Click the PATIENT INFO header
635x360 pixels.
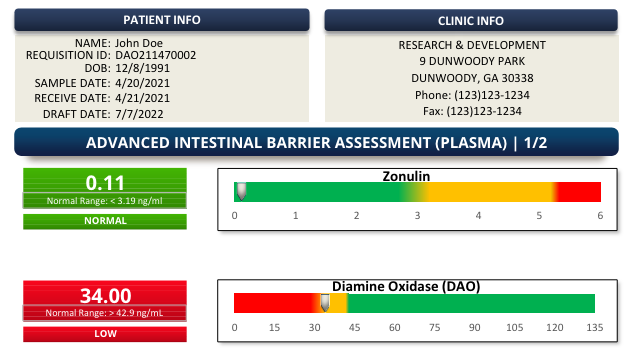(x=161, y=20)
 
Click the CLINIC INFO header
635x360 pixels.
(x=471, y=20)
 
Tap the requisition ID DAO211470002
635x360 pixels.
(x=155, y=56)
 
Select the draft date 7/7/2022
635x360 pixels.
(x=139, y=113)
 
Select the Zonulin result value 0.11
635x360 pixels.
(x=105, y=182)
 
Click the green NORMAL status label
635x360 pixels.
(x=105, y=221)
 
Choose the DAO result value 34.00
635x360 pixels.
(x=105, y=295)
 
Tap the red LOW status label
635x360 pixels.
(x=105, y=334)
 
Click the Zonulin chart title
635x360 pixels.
(x=405, y=176)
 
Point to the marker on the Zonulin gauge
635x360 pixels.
(x=240, y=190)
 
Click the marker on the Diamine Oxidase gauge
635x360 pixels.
(x=324, y=302)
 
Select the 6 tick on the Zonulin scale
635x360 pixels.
(x=600, y=216)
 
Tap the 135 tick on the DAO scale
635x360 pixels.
(x=595, y=328)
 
